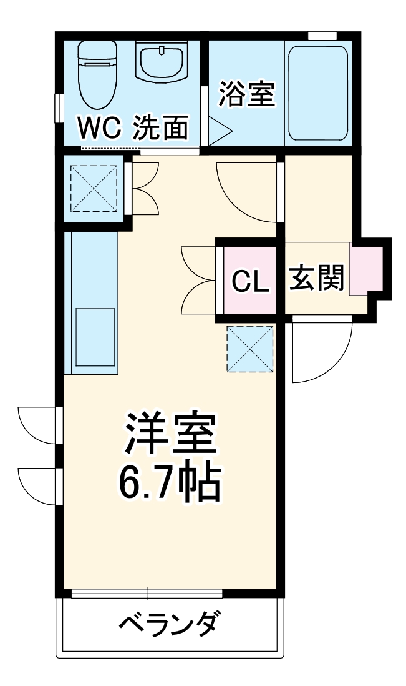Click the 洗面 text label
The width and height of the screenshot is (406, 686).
click(x=161, y=129)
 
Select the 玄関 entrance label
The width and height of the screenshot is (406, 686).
click(x=317, y=279)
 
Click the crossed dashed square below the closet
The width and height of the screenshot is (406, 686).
click(x=250, y=349)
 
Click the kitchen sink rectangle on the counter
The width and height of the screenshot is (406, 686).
click(x=95, y=337)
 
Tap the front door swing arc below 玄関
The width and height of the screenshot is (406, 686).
click(x=322, y=350)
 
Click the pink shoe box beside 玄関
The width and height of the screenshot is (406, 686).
click(x=365, y=270)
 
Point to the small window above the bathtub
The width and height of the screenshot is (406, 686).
click(x=322, y=34)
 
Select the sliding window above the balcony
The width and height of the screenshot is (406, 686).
click(x=148, y=592)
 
